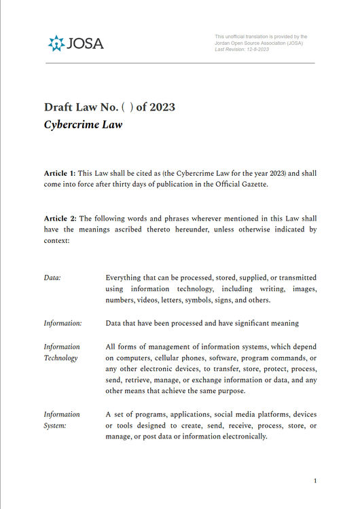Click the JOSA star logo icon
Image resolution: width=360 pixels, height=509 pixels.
click(x=56, y=43)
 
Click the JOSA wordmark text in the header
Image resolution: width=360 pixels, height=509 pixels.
click(x=85, y=44)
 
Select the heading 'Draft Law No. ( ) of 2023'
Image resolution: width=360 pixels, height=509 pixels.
click(x=109, y=107)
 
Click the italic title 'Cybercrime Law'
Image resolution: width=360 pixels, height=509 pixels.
click(x=83, y=125)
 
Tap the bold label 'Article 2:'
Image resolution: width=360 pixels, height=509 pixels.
click(x=60, y=219)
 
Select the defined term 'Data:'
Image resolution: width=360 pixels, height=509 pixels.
click(x=52, y=278)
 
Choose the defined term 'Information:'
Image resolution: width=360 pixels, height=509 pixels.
click(x=62, y=323)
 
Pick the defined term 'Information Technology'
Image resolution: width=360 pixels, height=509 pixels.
click(x=61, y=352)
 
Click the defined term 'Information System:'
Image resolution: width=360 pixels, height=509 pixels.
click(x=61, y=419)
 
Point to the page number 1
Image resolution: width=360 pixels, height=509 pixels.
click(x=315, y=481)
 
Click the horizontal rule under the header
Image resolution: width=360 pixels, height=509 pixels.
click(x=180, y=63)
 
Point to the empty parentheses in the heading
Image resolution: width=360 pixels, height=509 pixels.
click(x=126, y=107)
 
